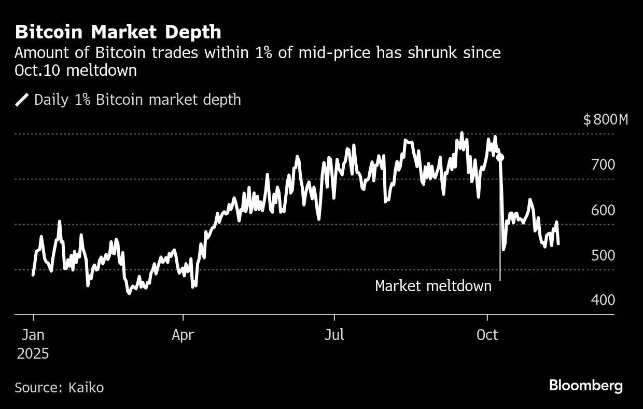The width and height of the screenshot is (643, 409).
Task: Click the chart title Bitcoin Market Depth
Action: [118, 32]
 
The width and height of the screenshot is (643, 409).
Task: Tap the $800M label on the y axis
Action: [605, 120]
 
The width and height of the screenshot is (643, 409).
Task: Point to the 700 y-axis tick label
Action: [602, 165]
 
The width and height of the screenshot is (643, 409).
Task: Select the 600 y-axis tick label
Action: [602, 210]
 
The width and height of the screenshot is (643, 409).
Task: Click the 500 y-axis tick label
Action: [602, 255]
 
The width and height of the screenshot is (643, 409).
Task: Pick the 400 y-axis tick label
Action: [602, 300]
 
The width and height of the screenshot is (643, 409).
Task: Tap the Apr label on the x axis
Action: [183, 335]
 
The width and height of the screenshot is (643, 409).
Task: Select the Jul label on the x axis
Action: [334, 335]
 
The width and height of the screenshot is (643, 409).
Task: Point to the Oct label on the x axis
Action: [487, 335]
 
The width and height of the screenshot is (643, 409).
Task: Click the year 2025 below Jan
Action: [33, 354]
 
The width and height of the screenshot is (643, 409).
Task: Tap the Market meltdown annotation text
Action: [433, 286]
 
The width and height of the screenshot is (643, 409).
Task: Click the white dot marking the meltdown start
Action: [500, 157]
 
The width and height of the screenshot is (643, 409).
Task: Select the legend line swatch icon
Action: [22, 100]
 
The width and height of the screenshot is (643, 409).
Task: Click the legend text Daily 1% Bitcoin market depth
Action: [137, 100]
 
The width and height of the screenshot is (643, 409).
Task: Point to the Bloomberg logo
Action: [585, 386]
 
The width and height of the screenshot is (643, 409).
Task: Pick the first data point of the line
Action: [33, 275]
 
